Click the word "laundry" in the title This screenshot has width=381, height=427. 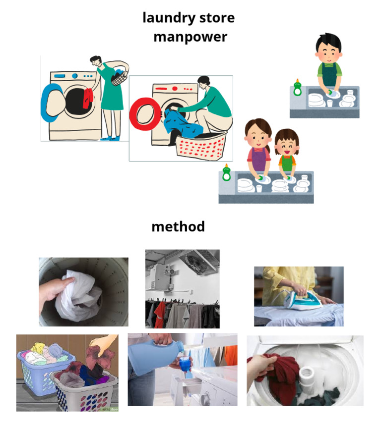(169, 18)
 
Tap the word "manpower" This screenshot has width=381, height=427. (190, 37)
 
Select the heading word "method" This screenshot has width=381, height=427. (178, 226)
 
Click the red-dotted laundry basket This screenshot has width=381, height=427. (201, 146)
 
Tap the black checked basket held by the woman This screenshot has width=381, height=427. (119, 78)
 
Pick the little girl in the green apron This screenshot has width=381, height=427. (287, 154)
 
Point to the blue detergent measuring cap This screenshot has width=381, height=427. (185, 364)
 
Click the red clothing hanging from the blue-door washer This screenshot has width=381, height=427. (87, 98)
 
